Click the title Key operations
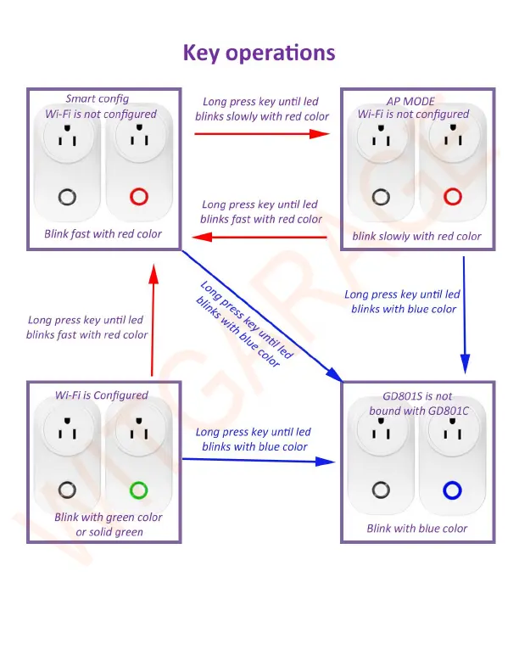pos(259,53)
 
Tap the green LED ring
pos(137,490)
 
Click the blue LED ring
pos(450,490)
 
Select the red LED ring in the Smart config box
pos(138,198)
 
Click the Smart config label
pos(98,98)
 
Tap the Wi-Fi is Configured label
pos(102,395)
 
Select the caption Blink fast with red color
pos(103,233)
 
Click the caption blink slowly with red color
pos(416,236)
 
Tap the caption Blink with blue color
pos(416,528)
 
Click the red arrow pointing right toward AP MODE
pos(261,133)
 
